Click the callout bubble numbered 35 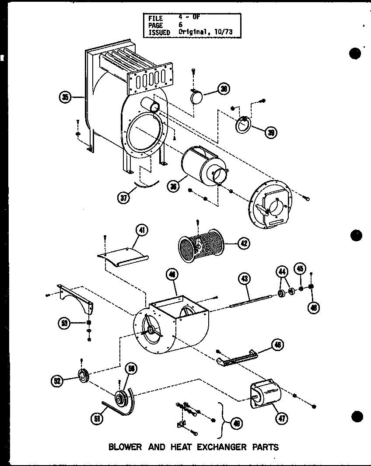66,97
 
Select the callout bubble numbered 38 224,90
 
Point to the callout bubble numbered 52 57,381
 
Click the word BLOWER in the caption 125,447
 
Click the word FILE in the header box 155,19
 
